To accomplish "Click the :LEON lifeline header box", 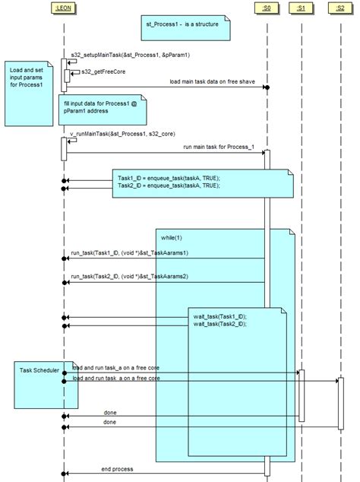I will point(64,8).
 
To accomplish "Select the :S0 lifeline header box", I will point(267,8).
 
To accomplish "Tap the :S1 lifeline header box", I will point(302,8).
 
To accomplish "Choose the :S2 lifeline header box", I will point(339,8).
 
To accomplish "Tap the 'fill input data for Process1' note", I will point(100,107).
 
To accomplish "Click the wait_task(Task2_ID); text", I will point(219,325).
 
